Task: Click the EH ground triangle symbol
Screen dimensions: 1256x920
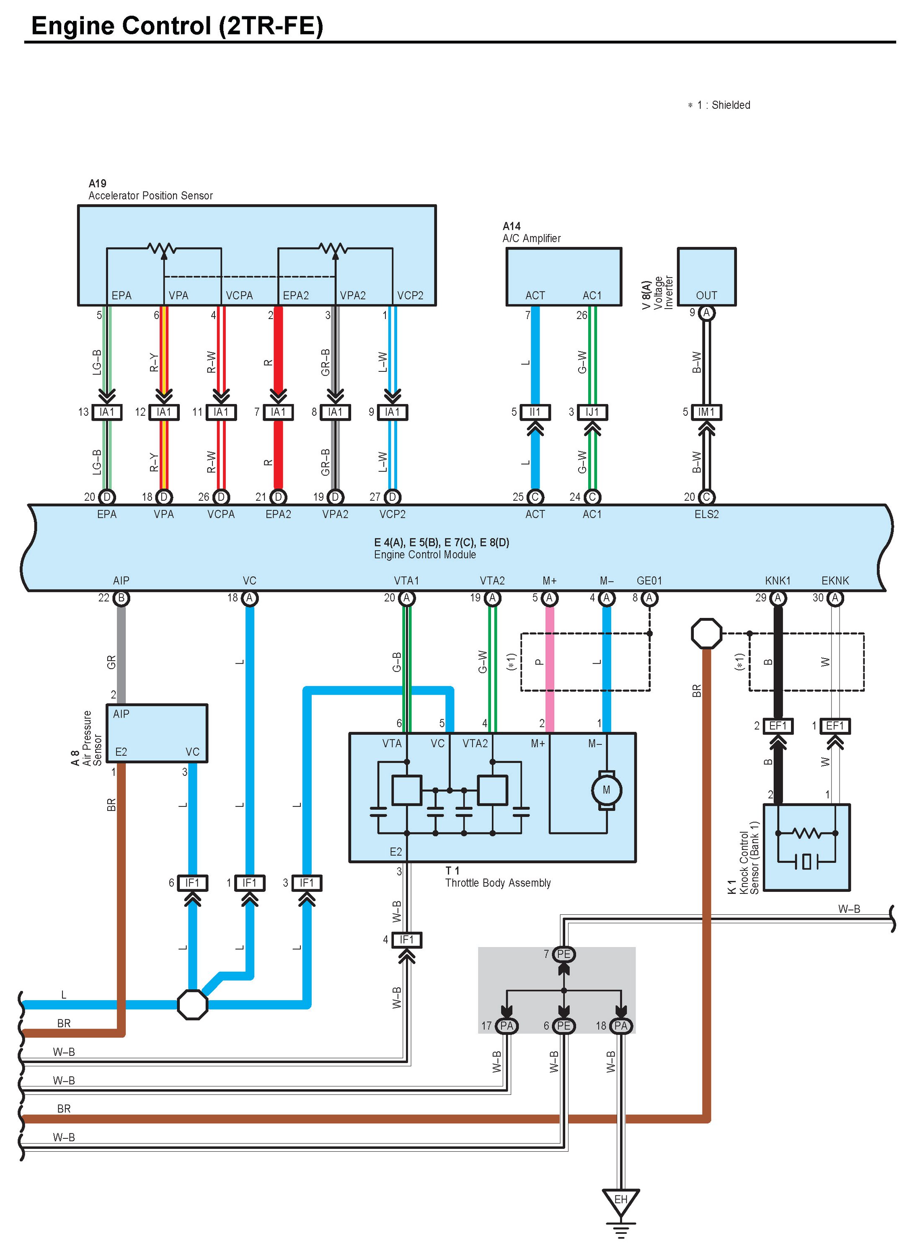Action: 620,1200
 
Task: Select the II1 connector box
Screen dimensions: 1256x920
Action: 535,412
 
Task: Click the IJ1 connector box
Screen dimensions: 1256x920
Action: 592,412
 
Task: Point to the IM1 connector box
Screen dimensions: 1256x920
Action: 706,412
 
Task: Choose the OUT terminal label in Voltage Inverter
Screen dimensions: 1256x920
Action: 706,296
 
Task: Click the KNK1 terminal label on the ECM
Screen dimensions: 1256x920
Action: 778,580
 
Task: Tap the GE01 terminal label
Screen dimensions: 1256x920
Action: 649,580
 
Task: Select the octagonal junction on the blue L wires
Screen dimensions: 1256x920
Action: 192,1004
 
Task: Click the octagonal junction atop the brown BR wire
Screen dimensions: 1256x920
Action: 706,633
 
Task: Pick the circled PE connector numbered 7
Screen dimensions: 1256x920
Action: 563,954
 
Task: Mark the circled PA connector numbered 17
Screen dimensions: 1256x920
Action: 506,1026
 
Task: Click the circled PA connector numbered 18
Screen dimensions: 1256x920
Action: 621,1026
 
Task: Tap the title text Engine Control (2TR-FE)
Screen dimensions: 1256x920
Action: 177,26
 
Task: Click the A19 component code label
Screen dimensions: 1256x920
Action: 98,183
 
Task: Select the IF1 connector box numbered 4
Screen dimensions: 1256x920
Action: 406,939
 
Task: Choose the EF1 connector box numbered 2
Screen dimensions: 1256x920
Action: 778,726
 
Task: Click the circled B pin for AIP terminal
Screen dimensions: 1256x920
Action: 121,598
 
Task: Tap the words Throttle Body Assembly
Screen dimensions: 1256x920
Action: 497,883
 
